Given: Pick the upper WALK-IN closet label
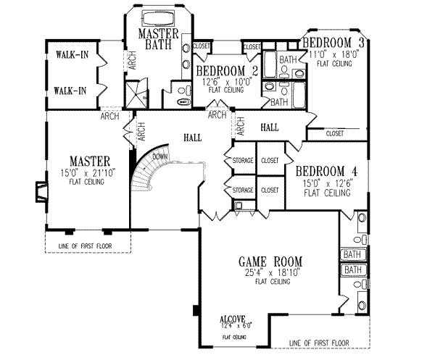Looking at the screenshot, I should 70,54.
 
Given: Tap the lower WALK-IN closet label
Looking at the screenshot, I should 70,91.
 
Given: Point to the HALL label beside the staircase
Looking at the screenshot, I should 192,136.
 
